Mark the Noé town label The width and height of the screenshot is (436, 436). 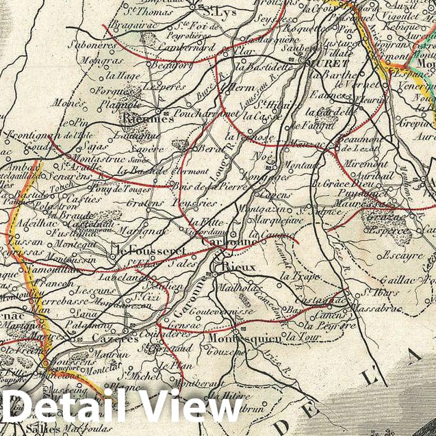click(262, 155)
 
